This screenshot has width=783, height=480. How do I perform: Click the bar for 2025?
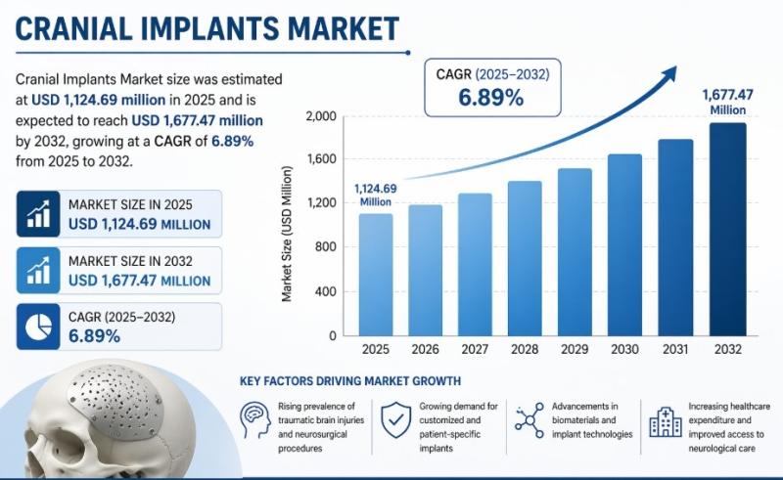(x=376, y=275)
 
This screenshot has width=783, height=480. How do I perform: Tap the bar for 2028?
(x=525, y=258)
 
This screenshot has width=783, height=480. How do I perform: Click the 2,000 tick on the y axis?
(x=321, y=116)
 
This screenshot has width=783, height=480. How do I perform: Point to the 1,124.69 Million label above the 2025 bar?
(x=376, y=195)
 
